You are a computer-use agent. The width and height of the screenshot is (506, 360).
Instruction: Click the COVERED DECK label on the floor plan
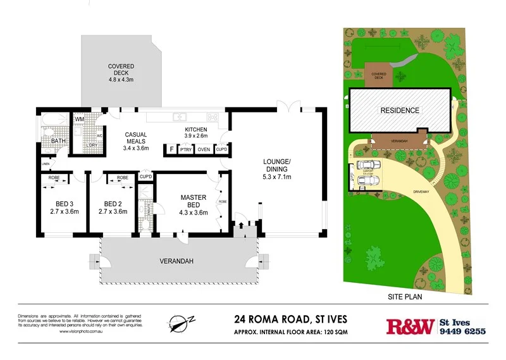coord(120,73)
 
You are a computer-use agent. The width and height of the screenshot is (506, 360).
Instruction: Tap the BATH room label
coord(58,141)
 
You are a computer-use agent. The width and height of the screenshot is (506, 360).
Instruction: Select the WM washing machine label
coord(80,120)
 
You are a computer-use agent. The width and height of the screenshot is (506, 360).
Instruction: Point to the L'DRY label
coord(82,146)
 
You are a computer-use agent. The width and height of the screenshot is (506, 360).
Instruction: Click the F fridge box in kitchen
coord(170,150)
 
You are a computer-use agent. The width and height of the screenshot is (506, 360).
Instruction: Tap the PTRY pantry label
coord(186,150)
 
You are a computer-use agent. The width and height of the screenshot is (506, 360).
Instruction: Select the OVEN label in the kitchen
coord(204,150)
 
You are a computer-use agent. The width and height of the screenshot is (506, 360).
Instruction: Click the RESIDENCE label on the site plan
coord(399,110)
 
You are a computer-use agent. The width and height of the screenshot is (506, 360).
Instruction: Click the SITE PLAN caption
coord(405,295)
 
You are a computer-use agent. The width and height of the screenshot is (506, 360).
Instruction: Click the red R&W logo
coord(409,326)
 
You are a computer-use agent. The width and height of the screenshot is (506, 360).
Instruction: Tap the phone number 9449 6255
coord(462,332)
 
